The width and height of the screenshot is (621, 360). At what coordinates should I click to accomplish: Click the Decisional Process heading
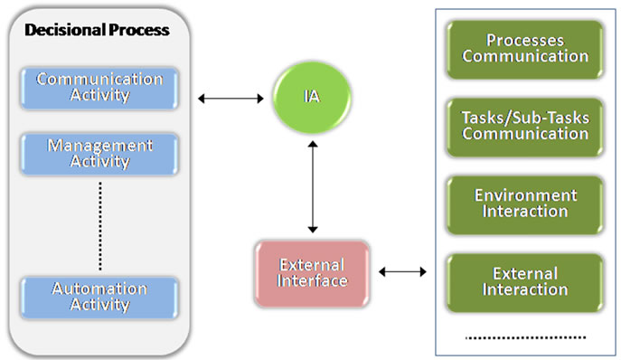(x=97, y=30)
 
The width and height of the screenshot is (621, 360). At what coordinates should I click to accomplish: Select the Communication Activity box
(x=100, y=87)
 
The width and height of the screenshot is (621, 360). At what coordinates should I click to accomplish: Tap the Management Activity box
(x=100, y=154)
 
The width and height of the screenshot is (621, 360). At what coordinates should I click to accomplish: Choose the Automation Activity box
(x=100, y=296)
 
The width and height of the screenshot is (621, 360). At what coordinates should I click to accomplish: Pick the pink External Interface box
(x=313, y=270)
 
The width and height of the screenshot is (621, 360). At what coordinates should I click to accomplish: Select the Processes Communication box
(x=524, y=48)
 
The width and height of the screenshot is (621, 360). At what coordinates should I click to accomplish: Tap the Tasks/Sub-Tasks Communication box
(x=524, y=125)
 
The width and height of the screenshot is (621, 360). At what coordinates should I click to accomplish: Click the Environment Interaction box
(x=524, y=203)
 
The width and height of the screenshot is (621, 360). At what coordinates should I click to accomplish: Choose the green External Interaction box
(x=524, y=280)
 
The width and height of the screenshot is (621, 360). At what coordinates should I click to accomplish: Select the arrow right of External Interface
(x=403, y=270)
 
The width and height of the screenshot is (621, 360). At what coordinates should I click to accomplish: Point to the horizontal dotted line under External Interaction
(x=524, y=336)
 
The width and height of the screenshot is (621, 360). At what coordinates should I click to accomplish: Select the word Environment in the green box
(x=525, y=194)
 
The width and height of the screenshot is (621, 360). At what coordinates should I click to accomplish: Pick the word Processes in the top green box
(x=525, y=40)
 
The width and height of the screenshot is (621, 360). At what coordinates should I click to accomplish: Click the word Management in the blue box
(x=100, y=146)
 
